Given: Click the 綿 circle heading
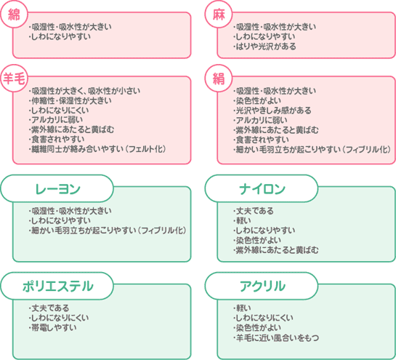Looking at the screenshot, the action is (x=14, y=15).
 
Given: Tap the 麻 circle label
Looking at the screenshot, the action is (x=219, y=15).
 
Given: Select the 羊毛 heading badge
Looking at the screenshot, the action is (x=14, y=79).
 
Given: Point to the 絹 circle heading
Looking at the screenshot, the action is (x=219, y=79).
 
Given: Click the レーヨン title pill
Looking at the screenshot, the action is (x=57, y=188).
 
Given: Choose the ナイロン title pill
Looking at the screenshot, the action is (x=262, y=188).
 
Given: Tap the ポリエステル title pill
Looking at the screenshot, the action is (x=57, y=286).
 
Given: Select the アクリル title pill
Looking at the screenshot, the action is (x=262, y=286).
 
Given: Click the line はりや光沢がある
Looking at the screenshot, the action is (x=264, y=47).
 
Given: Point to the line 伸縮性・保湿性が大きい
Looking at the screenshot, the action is (x=70, y=100).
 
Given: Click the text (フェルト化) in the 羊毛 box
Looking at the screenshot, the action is (x=147, y=149).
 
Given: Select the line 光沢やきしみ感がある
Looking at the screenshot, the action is (x=272, y=111).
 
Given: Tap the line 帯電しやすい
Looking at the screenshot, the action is (x=52, y=328).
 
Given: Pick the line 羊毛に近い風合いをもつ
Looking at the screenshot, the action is (x=276, y=337).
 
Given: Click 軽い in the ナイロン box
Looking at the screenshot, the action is (x=242, y=220).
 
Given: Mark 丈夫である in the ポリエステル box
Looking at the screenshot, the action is (x=49, y=308).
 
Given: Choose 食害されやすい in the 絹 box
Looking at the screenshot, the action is (x=261, y=140).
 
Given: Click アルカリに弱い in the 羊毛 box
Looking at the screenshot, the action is (x=55, y=120).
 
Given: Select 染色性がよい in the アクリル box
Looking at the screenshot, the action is (x=256, y=328).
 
